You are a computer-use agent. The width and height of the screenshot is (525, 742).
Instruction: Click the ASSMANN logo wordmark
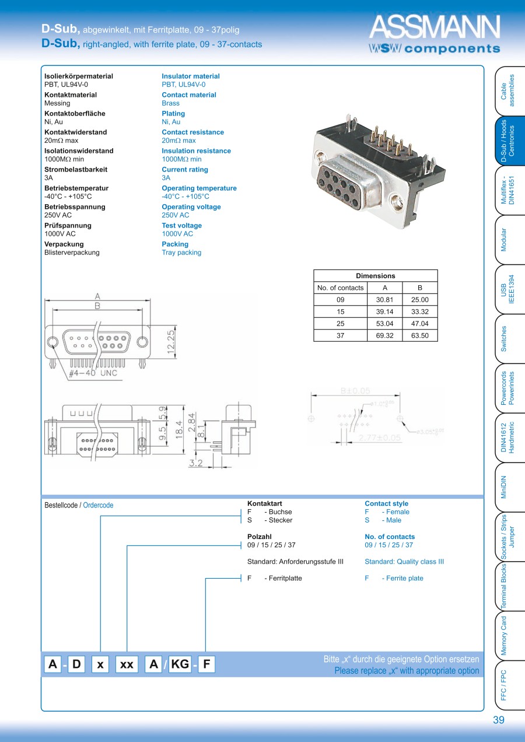(x=435, y=27)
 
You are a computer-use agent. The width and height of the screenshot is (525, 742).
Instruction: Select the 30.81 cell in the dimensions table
(x=385, y=300)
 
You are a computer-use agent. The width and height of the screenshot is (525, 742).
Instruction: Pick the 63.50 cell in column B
(x=419, y=336)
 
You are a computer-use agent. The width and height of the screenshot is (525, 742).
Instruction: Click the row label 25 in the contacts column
(x=341, y=324)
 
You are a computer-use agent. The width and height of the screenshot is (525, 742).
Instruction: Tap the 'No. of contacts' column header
(x=340, y=288)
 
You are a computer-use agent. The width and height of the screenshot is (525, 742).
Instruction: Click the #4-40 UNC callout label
(x=93, y=373)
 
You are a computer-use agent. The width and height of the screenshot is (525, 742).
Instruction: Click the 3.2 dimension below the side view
(x=195, y=463)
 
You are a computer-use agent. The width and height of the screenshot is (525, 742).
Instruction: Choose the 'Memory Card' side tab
(x=504, y=635)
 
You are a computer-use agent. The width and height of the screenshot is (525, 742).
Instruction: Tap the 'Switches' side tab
(x=504, y=339)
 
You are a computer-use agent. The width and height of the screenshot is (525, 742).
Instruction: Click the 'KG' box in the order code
(x=180, y=664)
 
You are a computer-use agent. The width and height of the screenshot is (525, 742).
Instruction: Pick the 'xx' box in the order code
(x=127, y=664)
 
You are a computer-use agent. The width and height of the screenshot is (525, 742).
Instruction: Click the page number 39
(x=498, y=720)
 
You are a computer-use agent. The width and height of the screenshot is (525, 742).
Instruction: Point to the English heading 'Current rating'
(x=185, y=170)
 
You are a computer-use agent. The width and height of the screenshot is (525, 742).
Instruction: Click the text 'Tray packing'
(x=181, y=253)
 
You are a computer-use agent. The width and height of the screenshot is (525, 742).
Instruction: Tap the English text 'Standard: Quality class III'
(x=404, y=562)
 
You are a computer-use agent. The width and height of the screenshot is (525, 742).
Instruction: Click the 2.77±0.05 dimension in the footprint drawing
(x=380, y=437)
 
